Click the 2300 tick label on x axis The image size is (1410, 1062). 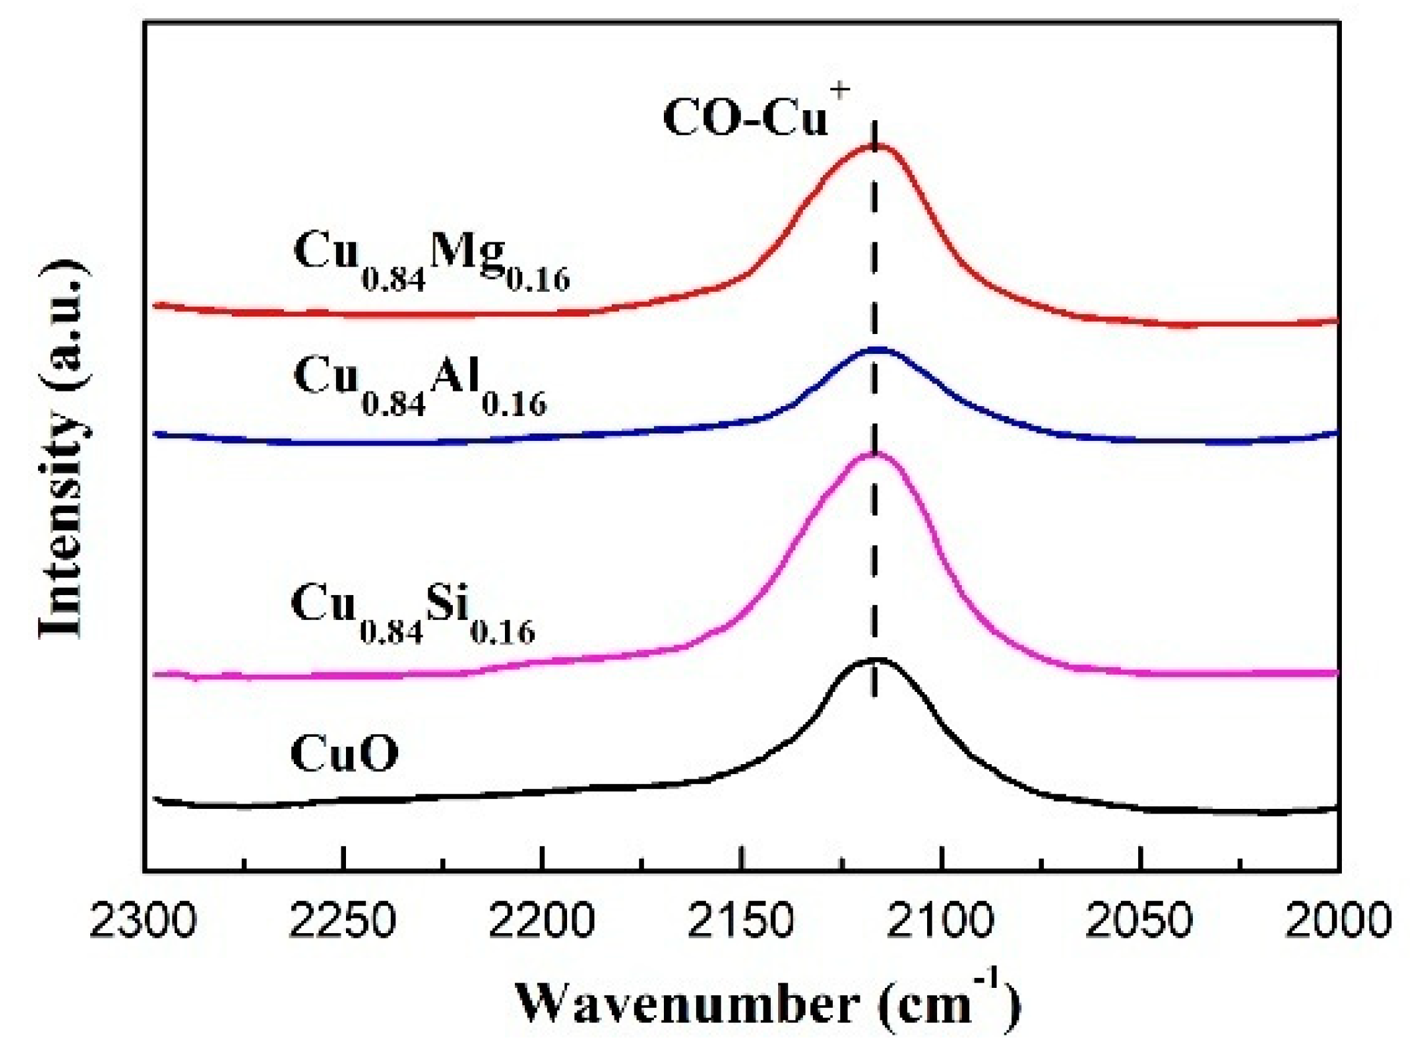(143, 921)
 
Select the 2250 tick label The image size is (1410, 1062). (343, 921)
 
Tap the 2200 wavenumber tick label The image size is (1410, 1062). (542, 921)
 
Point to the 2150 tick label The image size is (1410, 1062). (741, 921)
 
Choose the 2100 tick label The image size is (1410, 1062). (940, 921)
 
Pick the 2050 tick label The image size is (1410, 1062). (1139, 921)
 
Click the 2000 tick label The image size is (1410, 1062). (1338, 921)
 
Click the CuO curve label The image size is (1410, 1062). (344, 754)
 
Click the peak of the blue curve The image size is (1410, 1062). (876, 349)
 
